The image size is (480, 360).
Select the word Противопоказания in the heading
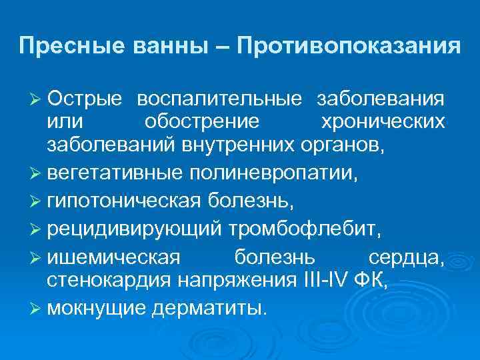pyautogui.click(x=348, y=46)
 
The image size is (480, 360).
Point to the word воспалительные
pyautogui.click(x=219, y=99)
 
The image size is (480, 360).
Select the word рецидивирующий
pyautogui.click(x=133, y=230)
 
